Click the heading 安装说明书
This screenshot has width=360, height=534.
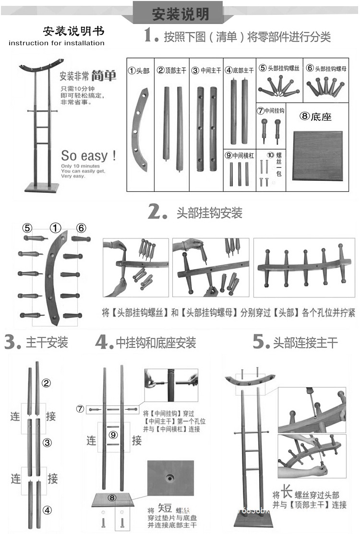pyautogui.click(x=73, y=31)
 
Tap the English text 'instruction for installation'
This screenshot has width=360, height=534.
pyautogui.click(x=57, y=43)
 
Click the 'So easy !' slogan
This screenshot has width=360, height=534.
pyautogui.click(x=88, y=156)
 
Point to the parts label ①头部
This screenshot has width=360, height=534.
pyautogui.click(x=139, y=71)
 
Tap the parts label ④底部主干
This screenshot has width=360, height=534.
pyautogui.click(x=240, y=71)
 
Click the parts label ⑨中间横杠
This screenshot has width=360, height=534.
pyautogui.click(x=239, y=155)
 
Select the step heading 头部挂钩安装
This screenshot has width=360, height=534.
pyautogui.click(x=209, y=213)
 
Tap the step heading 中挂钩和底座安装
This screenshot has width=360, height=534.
pyautogui.click(x=156, y=343)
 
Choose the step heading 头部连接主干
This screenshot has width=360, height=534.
pyautogui.click(x=305, y=343)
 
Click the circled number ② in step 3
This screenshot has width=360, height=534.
pyautogui.click(x=47, y=383)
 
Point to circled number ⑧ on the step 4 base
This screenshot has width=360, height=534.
pyautogui.click(x=112, y=498)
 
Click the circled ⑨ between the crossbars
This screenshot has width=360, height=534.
pyautogui.click(x=113, y=435)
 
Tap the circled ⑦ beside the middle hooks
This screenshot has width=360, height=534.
pyautogui.click(x=81, y=409)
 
